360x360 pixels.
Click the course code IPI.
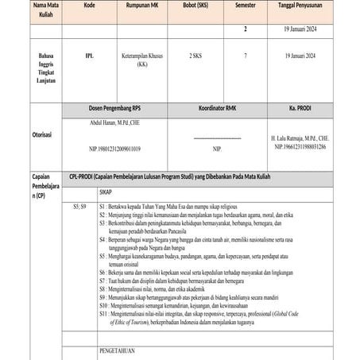[x=89, y=56]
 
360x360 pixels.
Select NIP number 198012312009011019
[x=115, y=149]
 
